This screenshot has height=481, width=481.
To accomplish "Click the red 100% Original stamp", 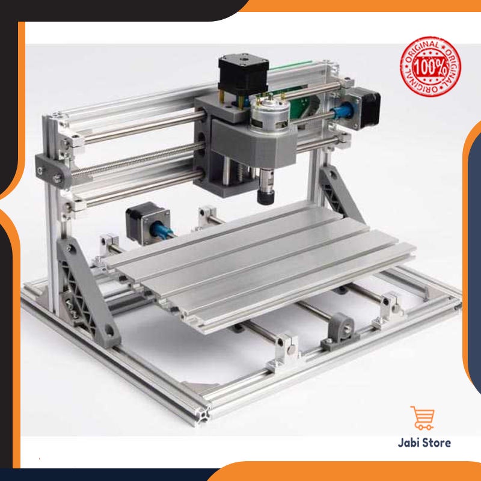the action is pos(430,67).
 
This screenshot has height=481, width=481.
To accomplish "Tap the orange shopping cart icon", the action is pos(423,418).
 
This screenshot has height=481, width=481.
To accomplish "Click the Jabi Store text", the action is pos(424,443).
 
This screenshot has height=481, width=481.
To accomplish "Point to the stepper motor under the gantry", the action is pos(148,223).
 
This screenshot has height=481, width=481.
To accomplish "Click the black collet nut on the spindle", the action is pos(265,197).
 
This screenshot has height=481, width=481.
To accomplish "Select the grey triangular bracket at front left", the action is pos(87,293).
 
